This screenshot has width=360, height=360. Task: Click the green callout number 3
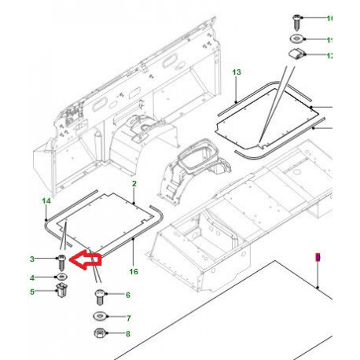click(32, 259)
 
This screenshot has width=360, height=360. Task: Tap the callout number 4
click(32, 277)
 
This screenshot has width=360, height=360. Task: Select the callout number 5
click(32, 292)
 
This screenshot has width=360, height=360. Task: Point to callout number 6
click(128, 296)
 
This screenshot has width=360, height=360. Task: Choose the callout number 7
click(128, 318)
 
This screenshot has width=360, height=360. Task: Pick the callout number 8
click(128, 334)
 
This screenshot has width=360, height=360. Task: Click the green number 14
click(45, 202)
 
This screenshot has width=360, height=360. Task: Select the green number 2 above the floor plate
click(134, 183)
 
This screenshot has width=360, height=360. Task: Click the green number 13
click(236, 72)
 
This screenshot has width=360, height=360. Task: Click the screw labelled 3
click(60, 262)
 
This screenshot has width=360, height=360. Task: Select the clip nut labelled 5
click(61, 293)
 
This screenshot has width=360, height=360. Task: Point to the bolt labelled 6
click(99, 297)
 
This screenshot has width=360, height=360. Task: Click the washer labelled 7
click(99, 318)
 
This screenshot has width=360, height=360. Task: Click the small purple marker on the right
click(318, 257)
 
